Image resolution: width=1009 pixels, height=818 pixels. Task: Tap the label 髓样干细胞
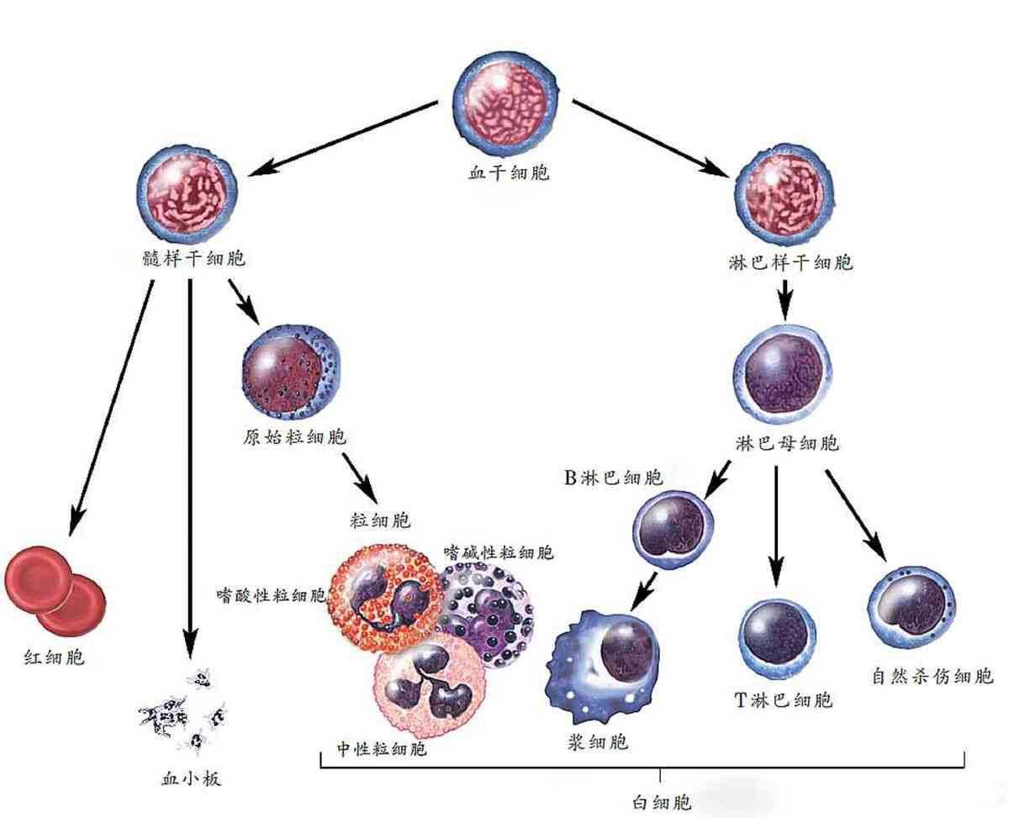(x=194, y=258)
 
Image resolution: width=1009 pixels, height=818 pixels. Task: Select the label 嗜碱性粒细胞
(x=498, y=552)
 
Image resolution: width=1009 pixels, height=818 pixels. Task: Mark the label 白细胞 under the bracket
(x=661, y=801)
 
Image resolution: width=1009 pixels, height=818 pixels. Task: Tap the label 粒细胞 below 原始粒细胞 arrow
(x=381, y=520)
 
